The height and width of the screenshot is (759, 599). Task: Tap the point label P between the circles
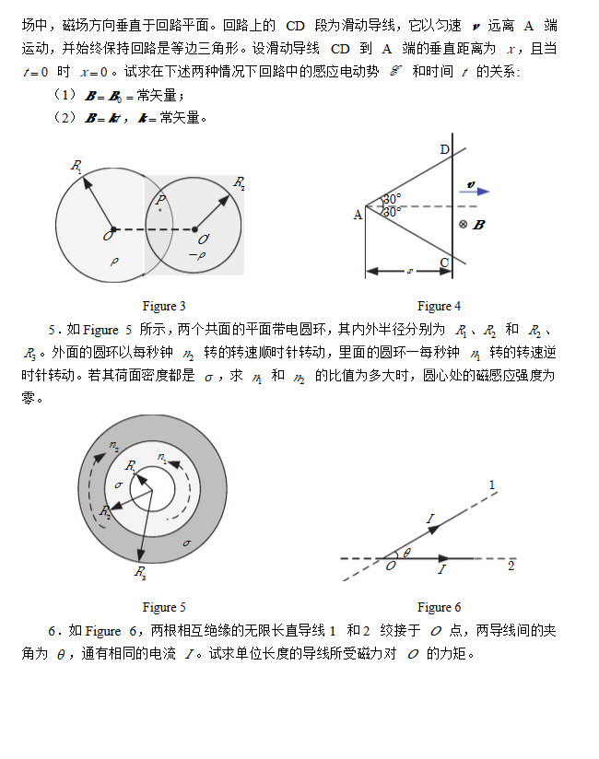click(160, 199)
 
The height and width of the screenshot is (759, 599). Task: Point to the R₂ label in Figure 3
click(240, 182)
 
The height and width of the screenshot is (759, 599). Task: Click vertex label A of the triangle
click(358, 215)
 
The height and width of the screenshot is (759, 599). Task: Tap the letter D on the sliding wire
click(444, 150)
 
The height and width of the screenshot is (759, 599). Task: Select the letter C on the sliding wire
click(444, 263)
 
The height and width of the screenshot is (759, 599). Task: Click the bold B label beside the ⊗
click(477, 224)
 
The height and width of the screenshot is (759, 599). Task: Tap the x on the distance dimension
click(409, 271)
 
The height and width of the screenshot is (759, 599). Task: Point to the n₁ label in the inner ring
click(162, 457)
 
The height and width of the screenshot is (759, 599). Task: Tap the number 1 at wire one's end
click(491, 485)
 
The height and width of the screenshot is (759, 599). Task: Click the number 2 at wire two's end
click(511, 566)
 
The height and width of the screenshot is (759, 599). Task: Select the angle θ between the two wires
click(407, 553)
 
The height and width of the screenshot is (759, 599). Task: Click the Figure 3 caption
click(165, 306)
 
